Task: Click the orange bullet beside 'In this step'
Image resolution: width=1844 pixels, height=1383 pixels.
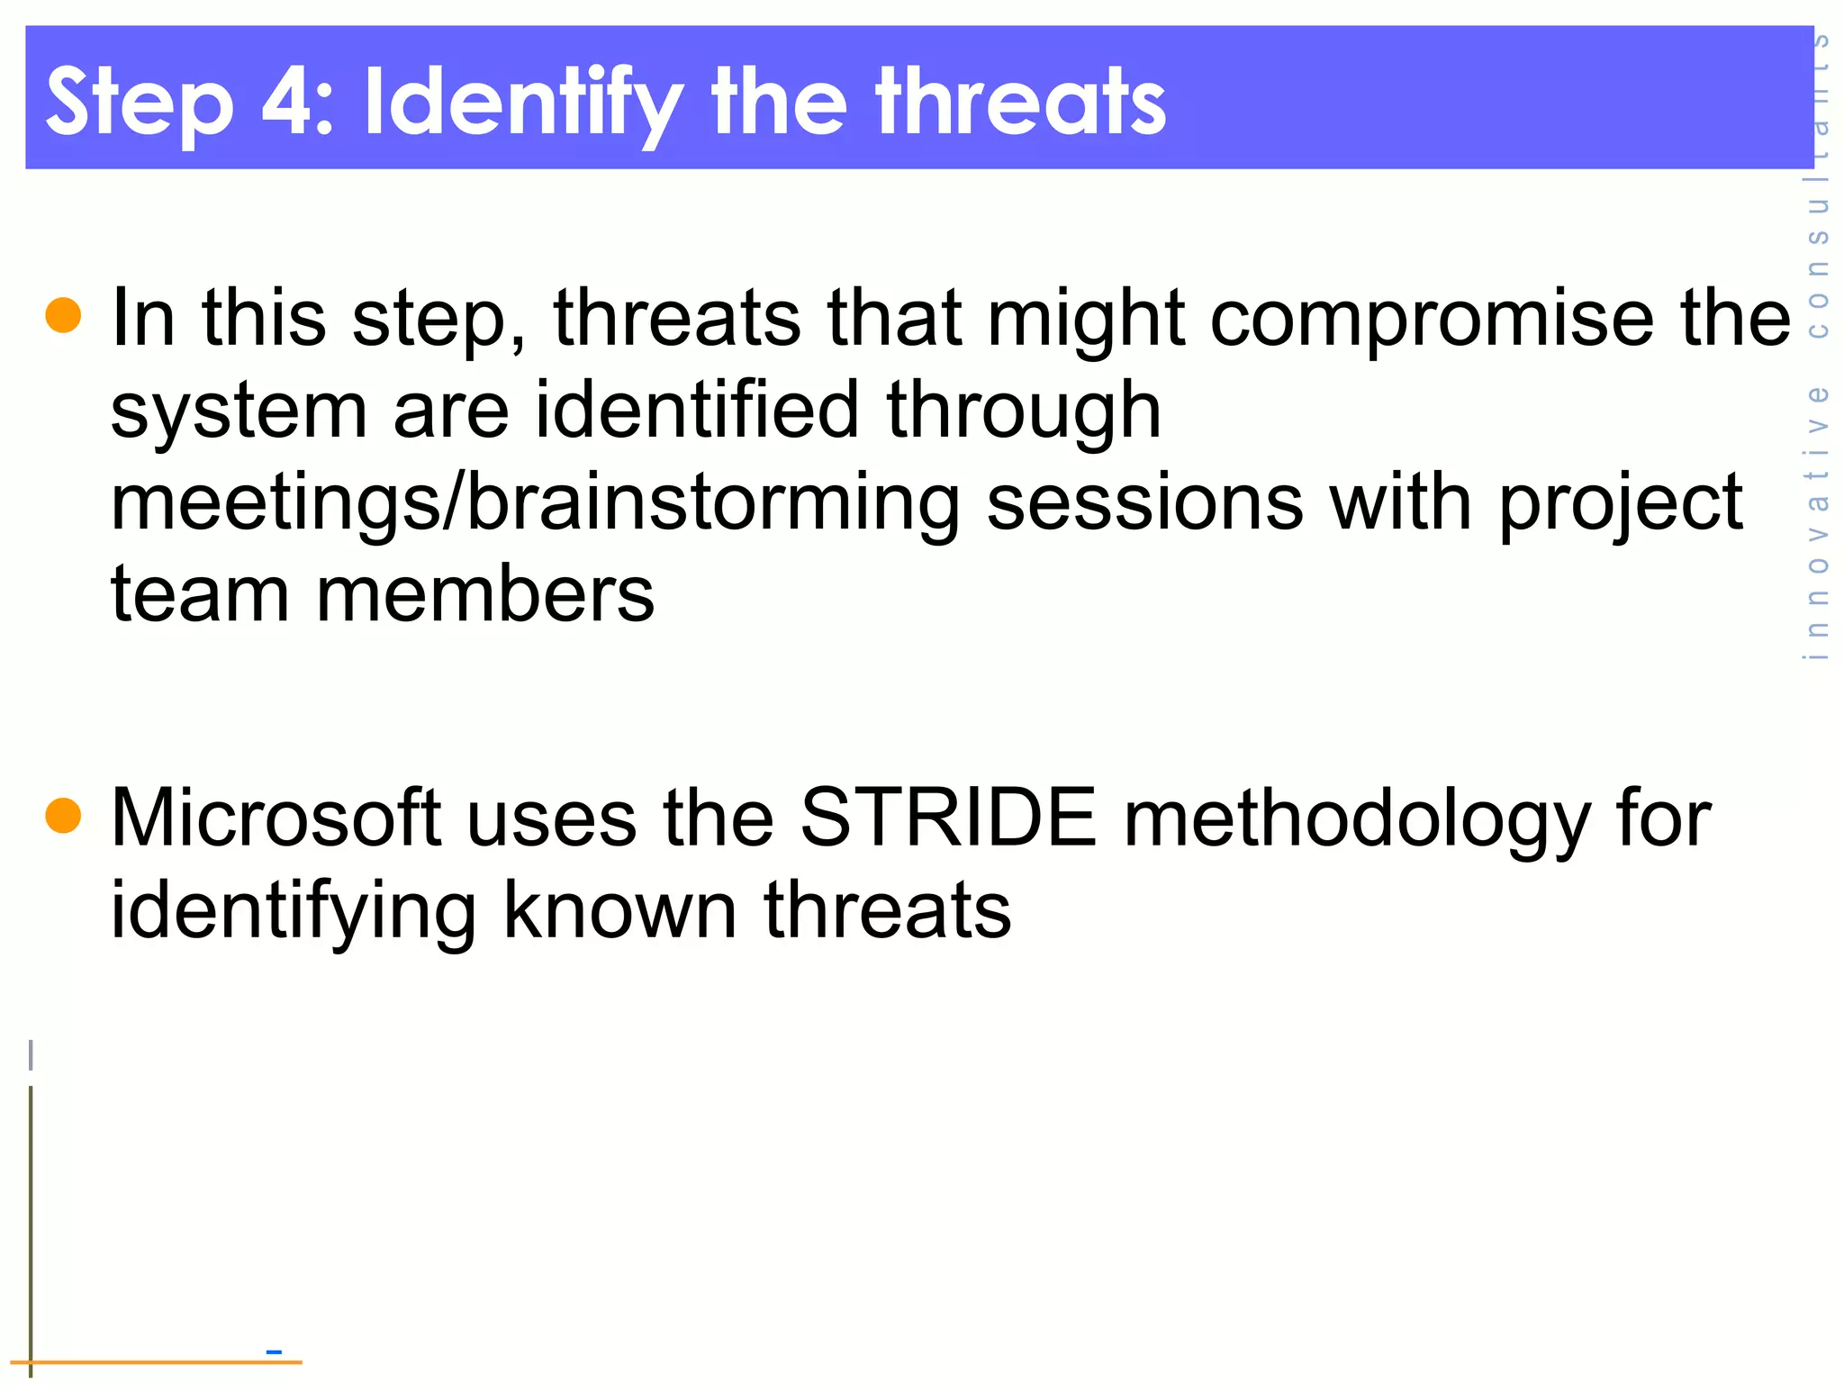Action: click(x=63, y=315)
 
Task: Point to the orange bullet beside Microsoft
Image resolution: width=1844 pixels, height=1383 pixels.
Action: click(x=63, y=816)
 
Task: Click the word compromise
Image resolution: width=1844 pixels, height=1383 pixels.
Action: click(x=1432, y=321)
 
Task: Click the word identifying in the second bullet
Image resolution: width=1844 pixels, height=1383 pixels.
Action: click(x=293, y=913)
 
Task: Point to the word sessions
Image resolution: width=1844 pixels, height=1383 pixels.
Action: click(x=1144, y=502)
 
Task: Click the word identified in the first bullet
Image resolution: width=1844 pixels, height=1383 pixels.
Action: click(x=698, y=411)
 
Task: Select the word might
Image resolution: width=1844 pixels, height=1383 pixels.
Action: click(x=1086, y=321)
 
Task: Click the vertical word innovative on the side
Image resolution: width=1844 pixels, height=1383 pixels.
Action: click(x=1817, y=522)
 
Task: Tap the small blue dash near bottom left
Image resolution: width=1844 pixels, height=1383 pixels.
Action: click(x=275, y=1351)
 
